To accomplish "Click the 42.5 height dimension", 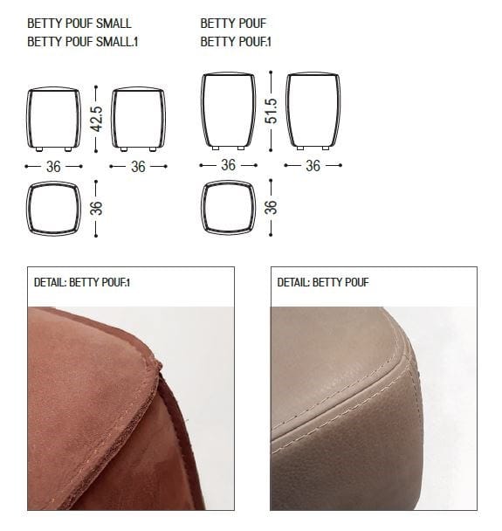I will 97,119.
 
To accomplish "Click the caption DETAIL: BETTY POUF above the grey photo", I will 323,283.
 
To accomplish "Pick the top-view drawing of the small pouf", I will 54,208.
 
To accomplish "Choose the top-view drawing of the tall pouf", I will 228,208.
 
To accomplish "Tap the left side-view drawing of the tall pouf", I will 228,111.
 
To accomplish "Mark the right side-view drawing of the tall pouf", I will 313,111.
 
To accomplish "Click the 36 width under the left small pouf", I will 54,166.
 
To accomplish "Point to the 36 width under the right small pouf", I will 139,166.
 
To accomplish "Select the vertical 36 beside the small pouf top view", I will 97,208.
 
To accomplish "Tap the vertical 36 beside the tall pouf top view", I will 271,208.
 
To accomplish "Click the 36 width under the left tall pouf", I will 228,164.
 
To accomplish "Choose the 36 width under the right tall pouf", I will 313,164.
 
